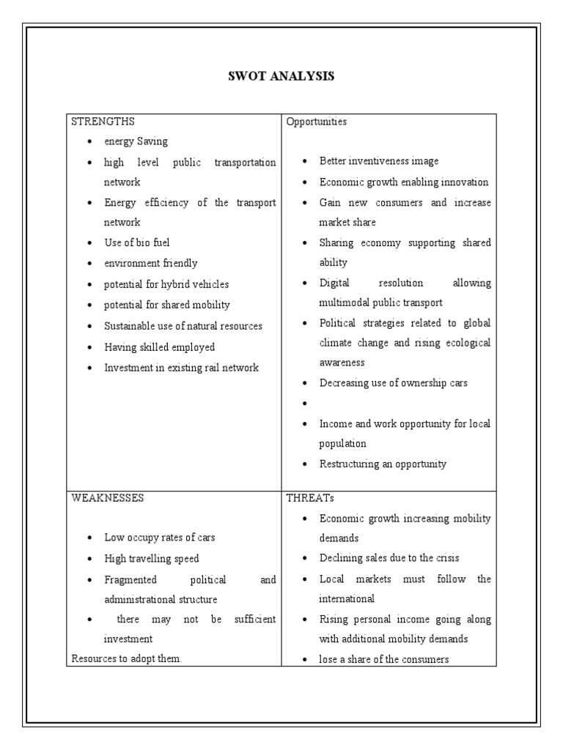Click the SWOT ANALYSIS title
[x=281, y=76]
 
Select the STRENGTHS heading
[x=103, y=122]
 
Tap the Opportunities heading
[x=316, y=122]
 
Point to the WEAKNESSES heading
[x=108, y=498]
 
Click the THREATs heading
[x=310, y=498]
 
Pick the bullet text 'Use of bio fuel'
[x=137, y=242]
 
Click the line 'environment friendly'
[x=150, y=263]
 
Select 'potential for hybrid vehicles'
[x=166, y=284]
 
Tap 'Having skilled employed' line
[x=159, y=347]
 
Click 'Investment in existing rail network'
[x=181, y=368]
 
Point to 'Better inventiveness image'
[x=379, y=161]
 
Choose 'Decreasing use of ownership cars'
[x=393, y=382]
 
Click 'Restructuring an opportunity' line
[x=383, y=464]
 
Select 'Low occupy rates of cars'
[x=159, y=538]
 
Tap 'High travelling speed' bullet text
[x=151, y=559]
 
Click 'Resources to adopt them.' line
[x=126, y=658]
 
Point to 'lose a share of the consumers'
[x=383, y=659]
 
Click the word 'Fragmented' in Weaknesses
[x=130, y=579]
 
